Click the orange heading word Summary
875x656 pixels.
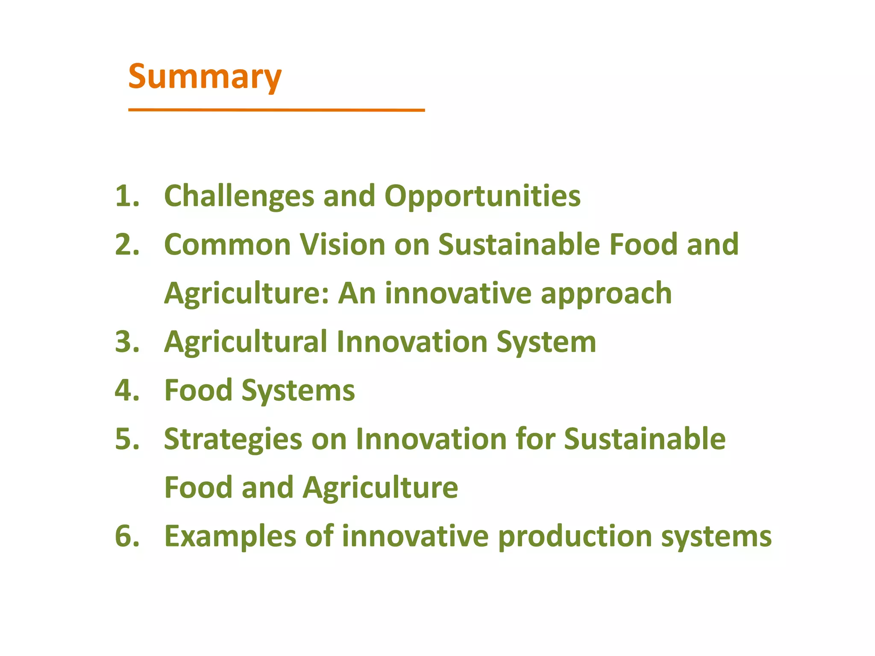(205, 77)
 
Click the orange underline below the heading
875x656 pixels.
(276, 110)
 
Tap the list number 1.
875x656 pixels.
(127, 196)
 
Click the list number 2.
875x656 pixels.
(127, 245)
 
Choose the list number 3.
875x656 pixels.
(127, 342)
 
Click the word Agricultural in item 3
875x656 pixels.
(246, 342)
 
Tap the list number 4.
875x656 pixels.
(127, 390)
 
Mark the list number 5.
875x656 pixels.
(127, 439)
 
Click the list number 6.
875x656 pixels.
(127, 536)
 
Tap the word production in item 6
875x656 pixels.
(575, 537)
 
